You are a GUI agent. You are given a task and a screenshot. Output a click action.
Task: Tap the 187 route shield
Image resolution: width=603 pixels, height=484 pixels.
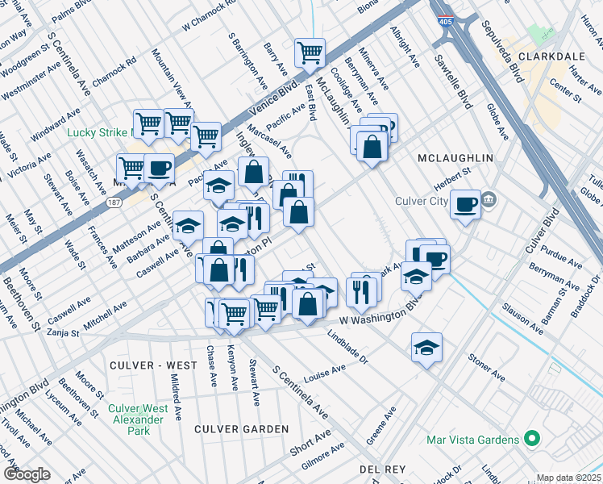point(118,202)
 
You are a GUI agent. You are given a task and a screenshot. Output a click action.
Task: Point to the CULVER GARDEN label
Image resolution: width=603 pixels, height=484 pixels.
point(241,429)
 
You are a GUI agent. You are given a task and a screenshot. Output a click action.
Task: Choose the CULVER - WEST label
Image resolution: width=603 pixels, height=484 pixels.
point(152,365)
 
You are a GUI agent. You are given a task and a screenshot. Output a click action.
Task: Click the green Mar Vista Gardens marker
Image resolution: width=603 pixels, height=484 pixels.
point(530,440)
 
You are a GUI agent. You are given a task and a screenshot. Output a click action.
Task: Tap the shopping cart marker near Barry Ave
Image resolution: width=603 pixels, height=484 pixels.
point(310,53)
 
